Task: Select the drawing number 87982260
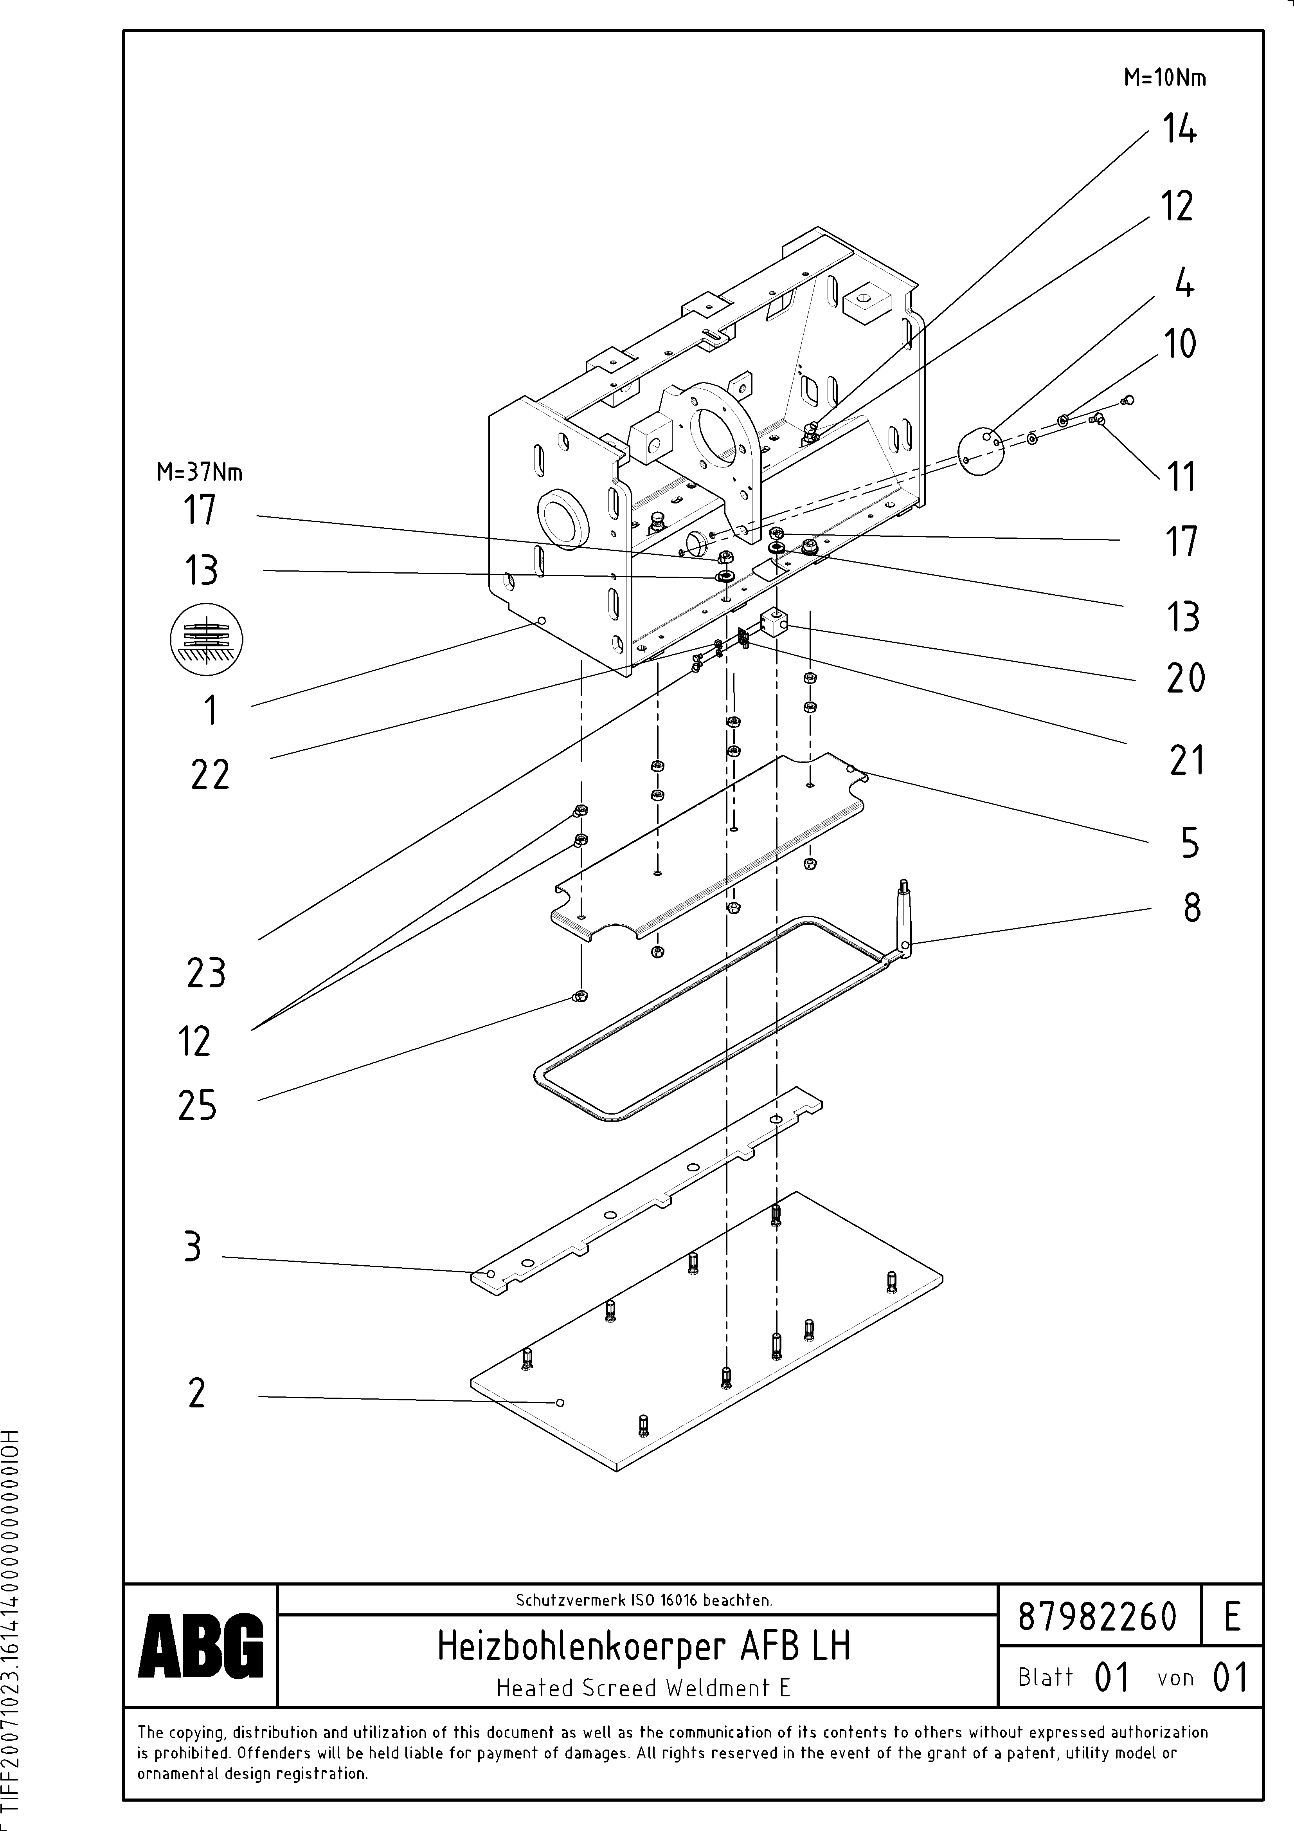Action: pos(1097,1616)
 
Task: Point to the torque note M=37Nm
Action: pos(199,473)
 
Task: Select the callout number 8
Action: pos(1191,907)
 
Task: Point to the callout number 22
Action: pos(210,775)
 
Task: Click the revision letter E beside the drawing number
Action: pos(1232,1616)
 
